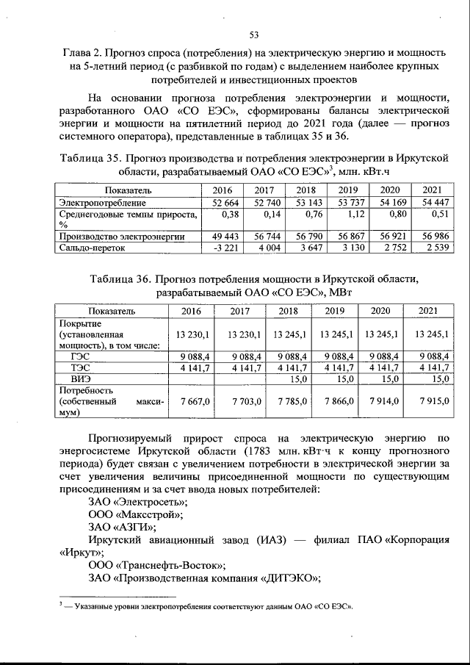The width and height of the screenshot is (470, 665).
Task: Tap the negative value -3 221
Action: point(219,248)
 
